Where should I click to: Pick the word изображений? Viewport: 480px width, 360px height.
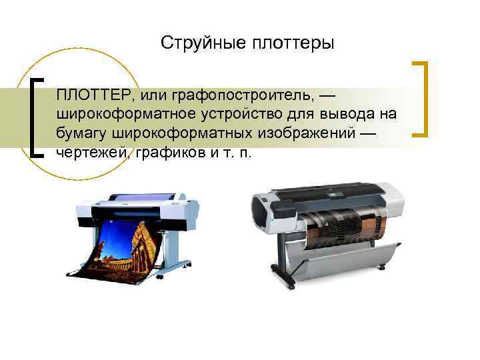pyautogui.click(x=307, y=134)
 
